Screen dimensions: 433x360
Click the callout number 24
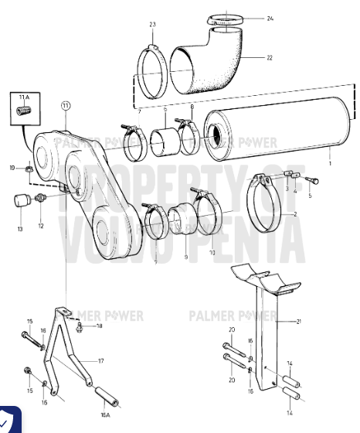(270, 18)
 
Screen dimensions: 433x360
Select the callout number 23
(153, 24)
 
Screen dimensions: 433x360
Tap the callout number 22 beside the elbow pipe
(270, 58)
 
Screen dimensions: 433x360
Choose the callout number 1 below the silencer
(330, 165)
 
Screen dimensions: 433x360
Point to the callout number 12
(41, 226)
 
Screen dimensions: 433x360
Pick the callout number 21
(298, 321)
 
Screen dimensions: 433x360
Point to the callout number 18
(100, 327)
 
